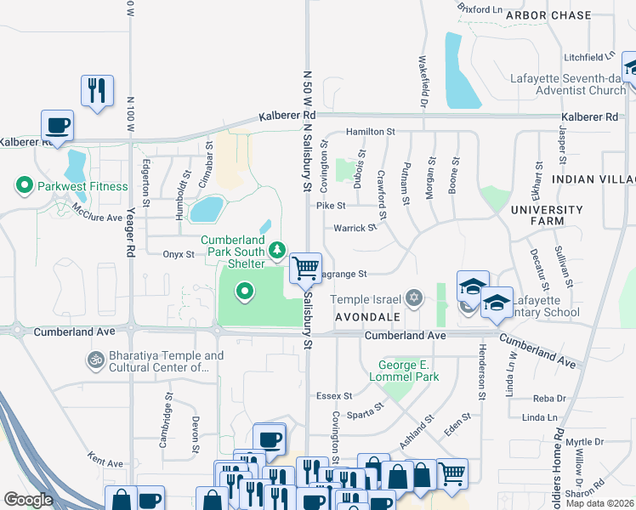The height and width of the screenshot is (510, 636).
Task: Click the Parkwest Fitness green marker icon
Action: pyautogui.click(x=25, y=185)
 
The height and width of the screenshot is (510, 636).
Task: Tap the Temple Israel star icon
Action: pyautogui.click(x=413, y=297)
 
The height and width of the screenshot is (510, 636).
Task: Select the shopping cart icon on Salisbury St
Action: pyautogui.click(x=305, y=269)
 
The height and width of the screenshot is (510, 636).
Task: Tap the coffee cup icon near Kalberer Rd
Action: pyautogui.click(x=58, y=127)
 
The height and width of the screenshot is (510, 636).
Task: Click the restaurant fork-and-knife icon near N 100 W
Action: pyautogui.click(x=96, y=90)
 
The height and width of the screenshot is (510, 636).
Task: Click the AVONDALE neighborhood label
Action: pyautogui.click(x=367, y=316)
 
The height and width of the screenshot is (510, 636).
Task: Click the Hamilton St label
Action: pyautogui.click(x=371, y=132)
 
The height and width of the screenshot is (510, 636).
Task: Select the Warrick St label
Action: pyautogui.click(x=355, y=228)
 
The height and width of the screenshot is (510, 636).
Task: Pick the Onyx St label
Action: pyautogui.click(x=179, y=253)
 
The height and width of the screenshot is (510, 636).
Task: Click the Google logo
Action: pyautogui.click(x=28, y=499)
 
